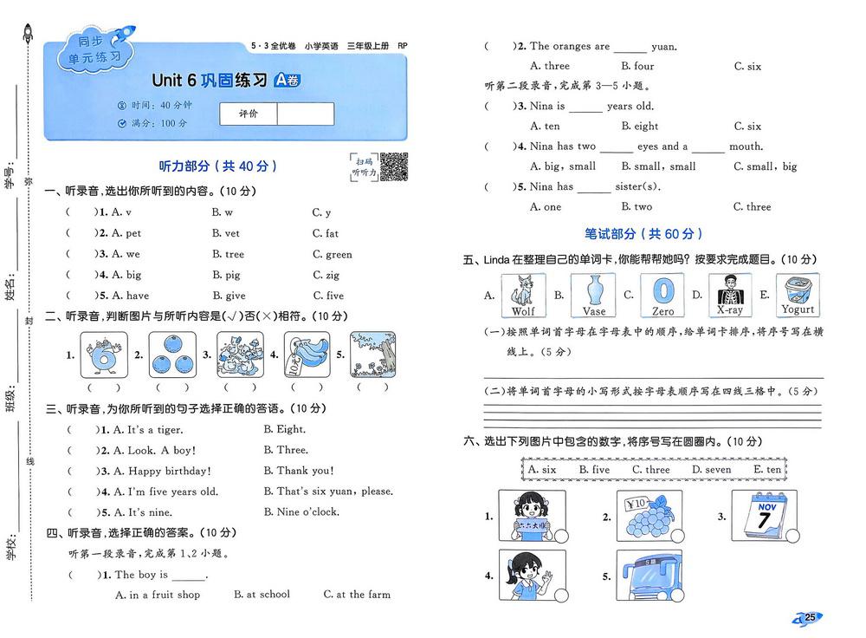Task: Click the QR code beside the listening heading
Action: pos(394,166)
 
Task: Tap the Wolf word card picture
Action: pos(523,295)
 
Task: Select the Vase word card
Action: pos(593,295)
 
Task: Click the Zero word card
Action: pos(662,295)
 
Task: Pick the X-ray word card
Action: pos(730,295)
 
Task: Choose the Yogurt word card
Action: pos(798,295)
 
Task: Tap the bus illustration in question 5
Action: pos(649,576)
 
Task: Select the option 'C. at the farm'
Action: pos(357,595)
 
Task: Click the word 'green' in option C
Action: pos(339,254)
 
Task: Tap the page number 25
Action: pos(810,617)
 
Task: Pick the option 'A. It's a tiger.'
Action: pos(148,430)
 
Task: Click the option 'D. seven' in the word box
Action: pos(712,470)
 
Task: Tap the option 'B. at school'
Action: pos(262,595)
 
